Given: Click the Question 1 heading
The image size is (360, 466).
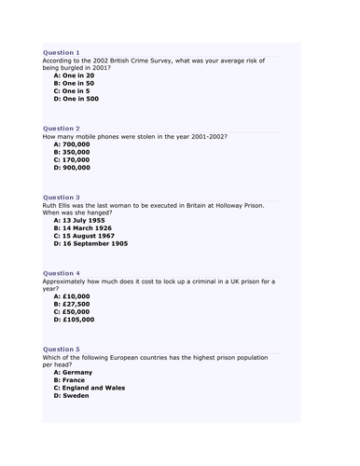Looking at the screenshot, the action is [62, 53].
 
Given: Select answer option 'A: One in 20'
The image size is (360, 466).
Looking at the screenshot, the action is [76, 75].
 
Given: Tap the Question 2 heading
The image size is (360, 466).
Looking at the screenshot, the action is [62, 128].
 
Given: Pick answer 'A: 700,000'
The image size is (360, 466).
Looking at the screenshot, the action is [73, 144].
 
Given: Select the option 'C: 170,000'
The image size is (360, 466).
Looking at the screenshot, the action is [73, 159].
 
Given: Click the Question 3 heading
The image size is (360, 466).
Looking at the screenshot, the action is [62, 198].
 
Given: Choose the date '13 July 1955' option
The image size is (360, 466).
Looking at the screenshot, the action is [83, 220].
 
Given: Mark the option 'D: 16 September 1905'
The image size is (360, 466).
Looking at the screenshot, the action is [91, 243].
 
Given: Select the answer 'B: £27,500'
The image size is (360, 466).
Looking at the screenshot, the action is [73, 304].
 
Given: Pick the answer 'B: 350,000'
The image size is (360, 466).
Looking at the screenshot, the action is [73, 152].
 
